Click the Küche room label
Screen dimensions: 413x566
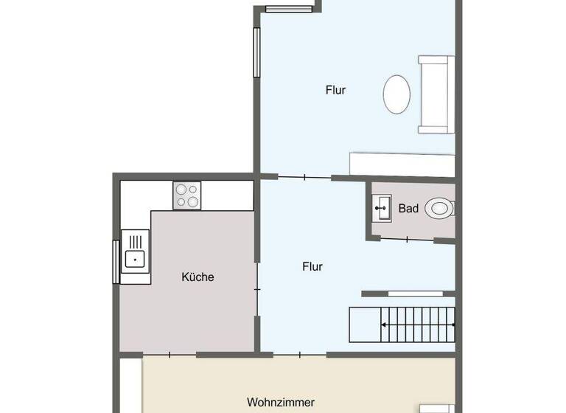[198, 277]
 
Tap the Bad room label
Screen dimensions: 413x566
[408, 209]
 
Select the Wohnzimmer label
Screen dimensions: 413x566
[281, 403]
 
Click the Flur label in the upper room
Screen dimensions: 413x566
[336, 90]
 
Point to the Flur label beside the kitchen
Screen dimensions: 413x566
[312, 267]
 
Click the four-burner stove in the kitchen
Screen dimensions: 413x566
[188, 195]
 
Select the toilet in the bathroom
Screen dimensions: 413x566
[440, 209]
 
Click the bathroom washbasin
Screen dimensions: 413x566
[382, 208]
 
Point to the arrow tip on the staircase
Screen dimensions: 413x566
[453, 324]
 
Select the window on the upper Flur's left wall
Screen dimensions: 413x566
[256, 52]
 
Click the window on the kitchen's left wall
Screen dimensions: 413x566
[116, 261]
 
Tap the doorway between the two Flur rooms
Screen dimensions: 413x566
[305, 178]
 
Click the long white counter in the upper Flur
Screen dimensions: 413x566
[402, 164]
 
